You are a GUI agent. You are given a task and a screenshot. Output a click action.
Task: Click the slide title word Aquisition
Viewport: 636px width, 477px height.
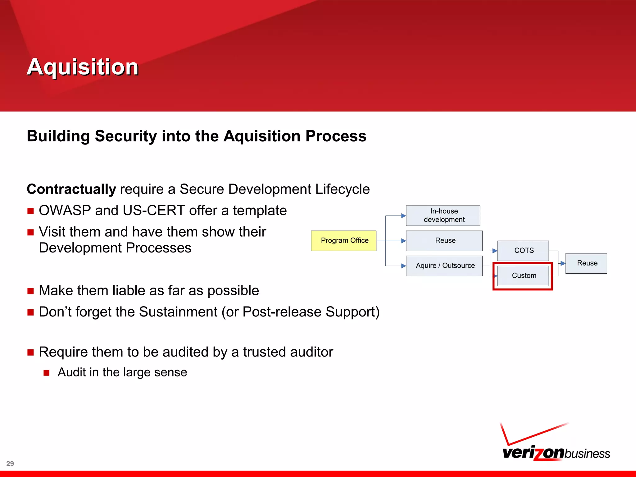click(83, 67)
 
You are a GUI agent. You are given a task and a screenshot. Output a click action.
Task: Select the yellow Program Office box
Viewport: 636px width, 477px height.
click(344, 241)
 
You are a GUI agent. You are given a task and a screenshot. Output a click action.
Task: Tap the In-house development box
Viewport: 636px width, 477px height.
click(443, 216)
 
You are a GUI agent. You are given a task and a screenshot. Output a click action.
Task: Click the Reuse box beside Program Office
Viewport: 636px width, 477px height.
click(444, 241)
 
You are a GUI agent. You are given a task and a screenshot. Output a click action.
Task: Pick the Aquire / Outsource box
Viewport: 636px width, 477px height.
click(444, 266)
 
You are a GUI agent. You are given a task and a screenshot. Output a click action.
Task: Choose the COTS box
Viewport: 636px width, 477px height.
click(523, 251)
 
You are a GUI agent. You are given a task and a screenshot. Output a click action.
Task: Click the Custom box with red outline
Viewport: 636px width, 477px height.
click(523, 276)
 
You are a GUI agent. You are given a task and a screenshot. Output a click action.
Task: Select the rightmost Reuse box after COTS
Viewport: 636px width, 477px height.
click(586, 263)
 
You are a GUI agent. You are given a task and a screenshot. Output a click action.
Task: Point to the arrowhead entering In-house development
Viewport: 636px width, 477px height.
click(403, 216)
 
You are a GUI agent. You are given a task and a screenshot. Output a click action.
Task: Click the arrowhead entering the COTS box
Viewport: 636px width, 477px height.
click(495, 251)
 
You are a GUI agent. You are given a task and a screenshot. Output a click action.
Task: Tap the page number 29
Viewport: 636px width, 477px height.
click(10, 464)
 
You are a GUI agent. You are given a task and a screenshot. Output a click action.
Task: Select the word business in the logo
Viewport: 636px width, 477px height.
click(587, 454)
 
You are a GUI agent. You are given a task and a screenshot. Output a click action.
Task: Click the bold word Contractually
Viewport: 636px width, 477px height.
click(71, 189)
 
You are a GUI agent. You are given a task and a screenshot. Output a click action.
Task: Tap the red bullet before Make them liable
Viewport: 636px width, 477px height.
click(30, 291)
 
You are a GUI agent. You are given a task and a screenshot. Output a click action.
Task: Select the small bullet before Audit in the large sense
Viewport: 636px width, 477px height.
click(47, 373)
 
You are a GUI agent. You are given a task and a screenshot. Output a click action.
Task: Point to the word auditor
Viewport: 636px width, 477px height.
click(311, 352)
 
